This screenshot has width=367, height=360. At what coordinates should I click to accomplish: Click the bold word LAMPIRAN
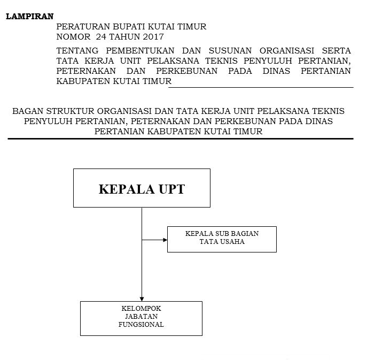click(29, 16)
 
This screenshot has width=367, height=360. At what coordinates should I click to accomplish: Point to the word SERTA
click(336, 51)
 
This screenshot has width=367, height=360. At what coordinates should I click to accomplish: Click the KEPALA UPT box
click(142, 188)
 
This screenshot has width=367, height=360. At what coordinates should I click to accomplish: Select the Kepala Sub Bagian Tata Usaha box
click(222, 239)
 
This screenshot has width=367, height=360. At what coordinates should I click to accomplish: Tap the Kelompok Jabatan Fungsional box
click(141, 318)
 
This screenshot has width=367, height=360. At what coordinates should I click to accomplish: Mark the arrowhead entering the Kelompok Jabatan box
click(142, 298)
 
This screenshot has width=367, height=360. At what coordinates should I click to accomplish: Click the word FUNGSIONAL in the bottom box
click(142, 325)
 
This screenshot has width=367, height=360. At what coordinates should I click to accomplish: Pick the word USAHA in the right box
click(233, 242)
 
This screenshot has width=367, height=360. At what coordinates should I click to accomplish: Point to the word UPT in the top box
click(169, 189)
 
